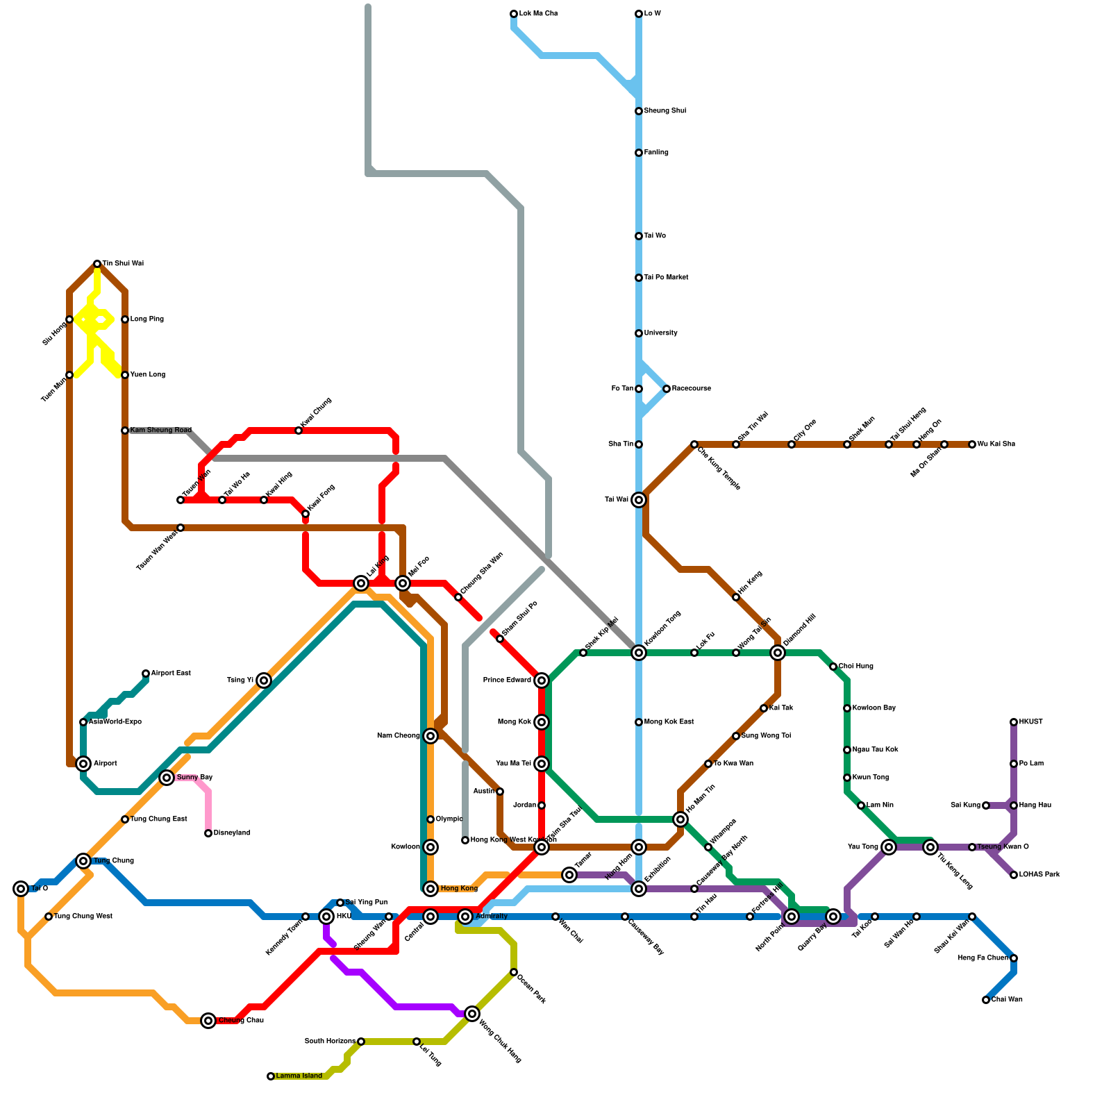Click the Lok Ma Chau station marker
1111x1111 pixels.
tap(514, 14)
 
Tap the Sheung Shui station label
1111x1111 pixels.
tap(665, 111)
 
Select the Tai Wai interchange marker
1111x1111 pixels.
tap(639, 500)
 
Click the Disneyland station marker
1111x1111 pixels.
tap(208, 833)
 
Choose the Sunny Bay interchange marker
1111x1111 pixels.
tap(167, 778)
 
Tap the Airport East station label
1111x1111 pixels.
tap(170, 674)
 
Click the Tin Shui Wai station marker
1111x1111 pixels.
tap(97, 264)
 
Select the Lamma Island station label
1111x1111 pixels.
tap(299, 1076)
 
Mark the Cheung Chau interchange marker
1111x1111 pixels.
tap(208, 1021)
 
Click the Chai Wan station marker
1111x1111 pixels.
tap(986, 1000)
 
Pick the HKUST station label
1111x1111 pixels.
tap(1030, 722)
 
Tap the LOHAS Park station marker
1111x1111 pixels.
tap(1014, 875)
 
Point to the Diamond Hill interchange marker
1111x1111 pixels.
tap(778, 653)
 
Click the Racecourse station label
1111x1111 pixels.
tap(691, 389)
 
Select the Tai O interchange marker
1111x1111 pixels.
tap(21, 889)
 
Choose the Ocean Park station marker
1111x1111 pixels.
tap(514, 972)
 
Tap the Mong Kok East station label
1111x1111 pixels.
tap(669, 722)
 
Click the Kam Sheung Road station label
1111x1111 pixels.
tap(160, 431)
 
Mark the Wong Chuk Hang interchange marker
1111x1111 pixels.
tap(472, 1014)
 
